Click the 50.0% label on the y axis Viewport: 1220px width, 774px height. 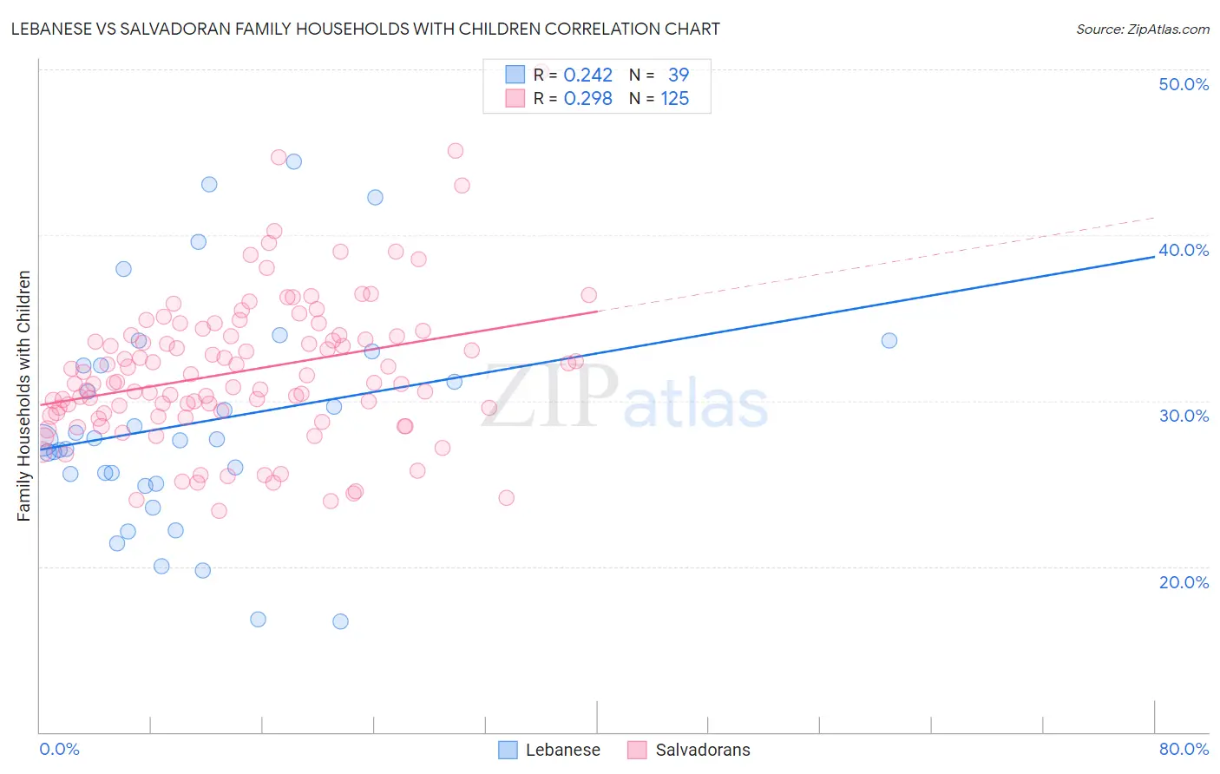tap(1184, 84)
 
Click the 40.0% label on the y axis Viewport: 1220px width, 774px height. tap(1184, 250)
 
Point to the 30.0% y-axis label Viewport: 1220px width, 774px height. tap(1184, 416)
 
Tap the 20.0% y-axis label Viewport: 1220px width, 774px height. tap(1184, 582)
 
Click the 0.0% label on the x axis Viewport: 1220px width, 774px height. tap(59, 749)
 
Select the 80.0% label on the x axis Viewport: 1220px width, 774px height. tap(1184, 749)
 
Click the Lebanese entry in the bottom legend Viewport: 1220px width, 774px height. tap(562, 750)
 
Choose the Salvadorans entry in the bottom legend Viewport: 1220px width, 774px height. tap(702, 750)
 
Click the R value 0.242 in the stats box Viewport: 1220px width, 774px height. tap(587, 75)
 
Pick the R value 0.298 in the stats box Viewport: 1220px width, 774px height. tap(587, 99)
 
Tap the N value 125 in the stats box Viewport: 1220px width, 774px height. tap(674, 99)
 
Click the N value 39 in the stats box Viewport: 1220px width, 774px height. tap(678, 75)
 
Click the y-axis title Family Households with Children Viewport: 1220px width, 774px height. tap(24, 396)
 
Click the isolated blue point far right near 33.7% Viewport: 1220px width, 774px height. tap(889, 340)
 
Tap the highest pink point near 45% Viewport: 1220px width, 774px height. tap(455, 150)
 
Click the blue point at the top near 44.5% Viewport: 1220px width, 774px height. tap(293, 161)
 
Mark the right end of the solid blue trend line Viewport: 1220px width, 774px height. tap(1154, 257)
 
